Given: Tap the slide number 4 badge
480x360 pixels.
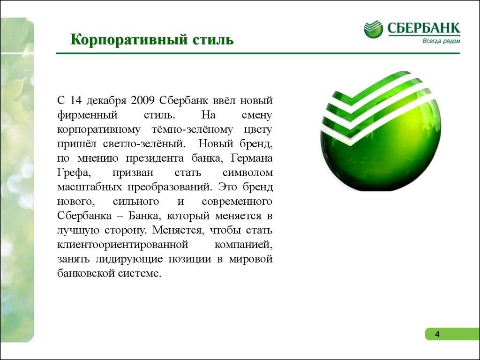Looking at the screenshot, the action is tap(452, 334).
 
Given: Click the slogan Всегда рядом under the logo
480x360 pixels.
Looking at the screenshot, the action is tap(441, 41).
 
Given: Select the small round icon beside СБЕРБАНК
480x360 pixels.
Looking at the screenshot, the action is tap(373, 29).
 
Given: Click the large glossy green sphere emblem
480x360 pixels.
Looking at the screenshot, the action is tap(381, 132).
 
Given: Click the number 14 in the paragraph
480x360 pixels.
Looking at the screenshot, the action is tap(77, 100).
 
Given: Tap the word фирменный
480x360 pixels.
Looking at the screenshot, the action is tap(87, 115).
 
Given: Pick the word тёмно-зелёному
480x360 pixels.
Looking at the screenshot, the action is tap(192, 129).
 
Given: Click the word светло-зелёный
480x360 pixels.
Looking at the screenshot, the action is tap(144, 144).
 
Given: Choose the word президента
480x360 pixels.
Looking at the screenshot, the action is tap(155, 158).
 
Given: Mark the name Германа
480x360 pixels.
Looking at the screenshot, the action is tap(252, 158).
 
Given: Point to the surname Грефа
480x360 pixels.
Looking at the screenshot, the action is tap(74, 173).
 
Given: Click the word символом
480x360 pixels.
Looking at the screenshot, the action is tap(247, 173).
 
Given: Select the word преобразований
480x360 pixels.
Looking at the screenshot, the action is tap(169, 187).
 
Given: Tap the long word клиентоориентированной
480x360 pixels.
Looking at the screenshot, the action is tap(122, 245).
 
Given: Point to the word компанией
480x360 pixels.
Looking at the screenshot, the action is tap(243, 245).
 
